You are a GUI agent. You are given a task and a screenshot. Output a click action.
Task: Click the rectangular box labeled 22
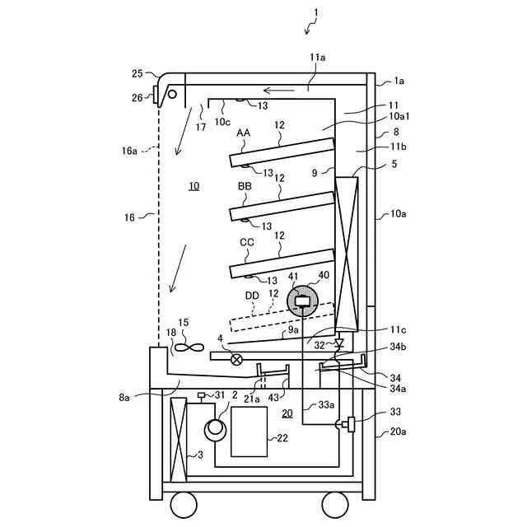(249, 431)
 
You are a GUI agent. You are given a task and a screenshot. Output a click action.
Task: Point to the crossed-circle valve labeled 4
(237, 358)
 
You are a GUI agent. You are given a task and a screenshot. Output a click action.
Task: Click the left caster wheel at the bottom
(182, 503)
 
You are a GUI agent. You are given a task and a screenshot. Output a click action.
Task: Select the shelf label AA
(244, 133)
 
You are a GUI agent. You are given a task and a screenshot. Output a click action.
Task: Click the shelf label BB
(245, 187)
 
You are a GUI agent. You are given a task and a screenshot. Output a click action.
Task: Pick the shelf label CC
(246, 242)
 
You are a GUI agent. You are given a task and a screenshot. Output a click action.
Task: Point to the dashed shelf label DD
(252, 295)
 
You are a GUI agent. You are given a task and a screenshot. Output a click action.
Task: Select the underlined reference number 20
(287, 413)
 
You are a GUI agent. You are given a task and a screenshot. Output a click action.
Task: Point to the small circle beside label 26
(172, 94)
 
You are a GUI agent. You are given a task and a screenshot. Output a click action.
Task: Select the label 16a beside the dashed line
(129, 151)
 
